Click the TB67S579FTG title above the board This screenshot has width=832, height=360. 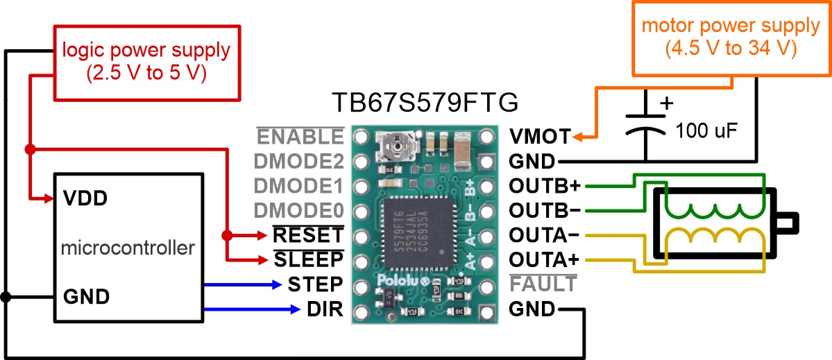[x=424, y=103]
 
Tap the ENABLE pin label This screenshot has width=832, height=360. [x=301, y=137]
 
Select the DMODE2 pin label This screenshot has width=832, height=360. [x=299, y=161]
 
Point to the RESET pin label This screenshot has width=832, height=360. [x=308, y=234]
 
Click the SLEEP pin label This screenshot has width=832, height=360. [x=308, y=259]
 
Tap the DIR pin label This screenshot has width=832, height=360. [x=325, y=309]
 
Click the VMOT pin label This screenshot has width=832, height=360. [x=540, y=137]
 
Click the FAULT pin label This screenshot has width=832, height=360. [x=542, y=284]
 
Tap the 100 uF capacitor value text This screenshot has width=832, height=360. [x=707, y=131]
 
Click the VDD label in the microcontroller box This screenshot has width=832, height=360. [x=85, y=199]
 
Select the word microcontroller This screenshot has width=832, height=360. [x=128, y=248]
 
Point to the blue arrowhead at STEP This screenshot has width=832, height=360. [x=276, y=284]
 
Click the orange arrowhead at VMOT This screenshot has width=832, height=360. [x=578, y=137]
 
